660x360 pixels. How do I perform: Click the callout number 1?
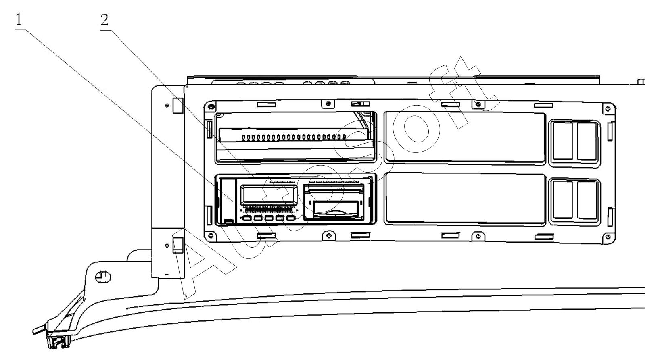(19, 20)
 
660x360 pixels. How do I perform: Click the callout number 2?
(104, 20)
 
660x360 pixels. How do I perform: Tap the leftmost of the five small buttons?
(247, 218)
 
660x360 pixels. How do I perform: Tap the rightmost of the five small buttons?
(291, 218)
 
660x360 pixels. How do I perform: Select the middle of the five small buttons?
(269, 218)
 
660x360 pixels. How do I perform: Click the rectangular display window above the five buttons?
(269, 195)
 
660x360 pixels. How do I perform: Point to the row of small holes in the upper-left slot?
(294, 137)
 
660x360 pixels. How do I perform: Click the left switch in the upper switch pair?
(563, 141)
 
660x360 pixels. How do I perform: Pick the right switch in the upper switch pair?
(587, 141)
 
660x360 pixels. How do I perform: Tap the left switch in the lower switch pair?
(563, 200)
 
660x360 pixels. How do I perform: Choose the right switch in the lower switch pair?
(587, 200)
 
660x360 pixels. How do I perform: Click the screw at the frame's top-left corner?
(210, 106)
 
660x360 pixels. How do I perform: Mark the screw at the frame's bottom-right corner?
(608, 237)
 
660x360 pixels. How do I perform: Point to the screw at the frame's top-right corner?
(608, 108)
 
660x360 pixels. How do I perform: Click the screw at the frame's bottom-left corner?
(210, 235)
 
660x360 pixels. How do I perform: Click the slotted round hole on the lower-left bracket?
(103, 277)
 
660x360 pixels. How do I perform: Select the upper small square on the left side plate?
(178, 106)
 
